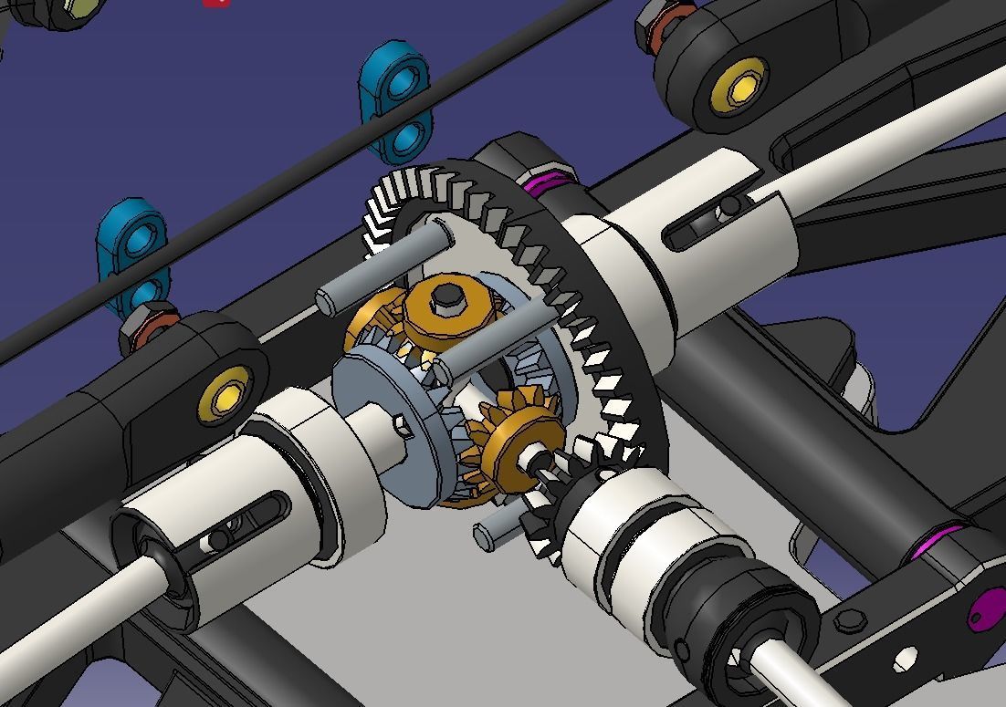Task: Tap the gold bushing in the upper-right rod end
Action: (x=739, y=82)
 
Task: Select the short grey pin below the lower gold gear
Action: (x=498, y=531)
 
